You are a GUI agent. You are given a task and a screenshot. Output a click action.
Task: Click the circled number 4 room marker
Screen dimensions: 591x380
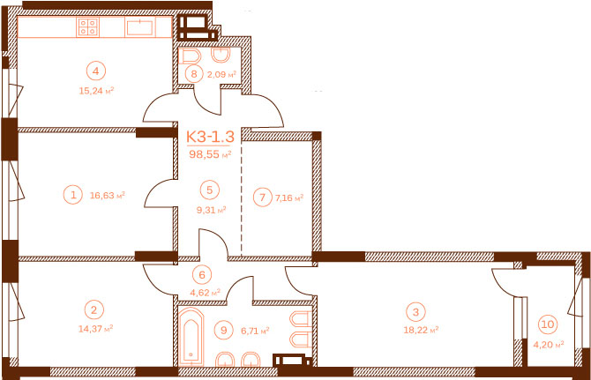(96, 71)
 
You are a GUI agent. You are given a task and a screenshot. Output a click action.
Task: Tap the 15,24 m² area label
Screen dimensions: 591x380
(96, 91)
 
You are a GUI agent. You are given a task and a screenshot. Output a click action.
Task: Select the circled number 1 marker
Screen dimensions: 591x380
(73, 195)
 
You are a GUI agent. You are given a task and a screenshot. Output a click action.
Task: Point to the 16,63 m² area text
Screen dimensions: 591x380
(108, 195)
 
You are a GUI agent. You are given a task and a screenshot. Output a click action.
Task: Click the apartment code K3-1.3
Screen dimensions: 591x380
(210, 137)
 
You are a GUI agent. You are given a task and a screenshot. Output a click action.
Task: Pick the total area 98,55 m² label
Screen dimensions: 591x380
(210, 153)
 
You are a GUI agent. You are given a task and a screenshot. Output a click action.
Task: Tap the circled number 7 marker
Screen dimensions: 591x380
(262, 197)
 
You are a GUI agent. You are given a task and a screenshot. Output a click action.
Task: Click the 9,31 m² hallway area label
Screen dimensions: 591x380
(211, 210)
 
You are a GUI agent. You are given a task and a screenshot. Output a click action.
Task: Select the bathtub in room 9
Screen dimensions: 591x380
(191, 336)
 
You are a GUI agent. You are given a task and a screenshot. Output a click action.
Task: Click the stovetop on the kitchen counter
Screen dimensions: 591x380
(88, 27)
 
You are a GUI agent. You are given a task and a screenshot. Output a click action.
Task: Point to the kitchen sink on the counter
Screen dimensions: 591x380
(140, 27)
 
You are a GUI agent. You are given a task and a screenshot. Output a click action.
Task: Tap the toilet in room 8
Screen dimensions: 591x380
(192, 57)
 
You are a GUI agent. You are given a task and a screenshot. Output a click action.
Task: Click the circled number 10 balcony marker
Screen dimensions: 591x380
(548, 324)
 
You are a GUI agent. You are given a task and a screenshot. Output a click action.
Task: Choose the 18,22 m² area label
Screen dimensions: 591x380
(421, 330)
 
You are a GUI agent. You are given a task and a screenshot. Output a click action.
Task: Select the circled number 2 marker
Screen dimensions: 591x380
(94, 309)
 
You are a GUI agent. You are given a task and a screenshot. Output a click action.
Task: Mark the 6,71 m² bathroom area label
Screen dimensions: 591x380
(255, 331)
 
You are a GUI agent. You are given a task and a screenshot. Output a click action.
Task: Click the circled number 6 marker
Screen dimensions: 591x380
(202, 274)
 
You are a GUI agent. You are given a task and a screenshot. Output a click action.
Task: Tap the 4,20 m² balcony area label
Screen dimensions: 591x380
(549, 344)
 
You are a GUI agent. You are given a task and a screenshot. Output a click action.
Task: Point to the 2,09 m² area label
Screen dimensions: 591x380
(221, 74)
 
